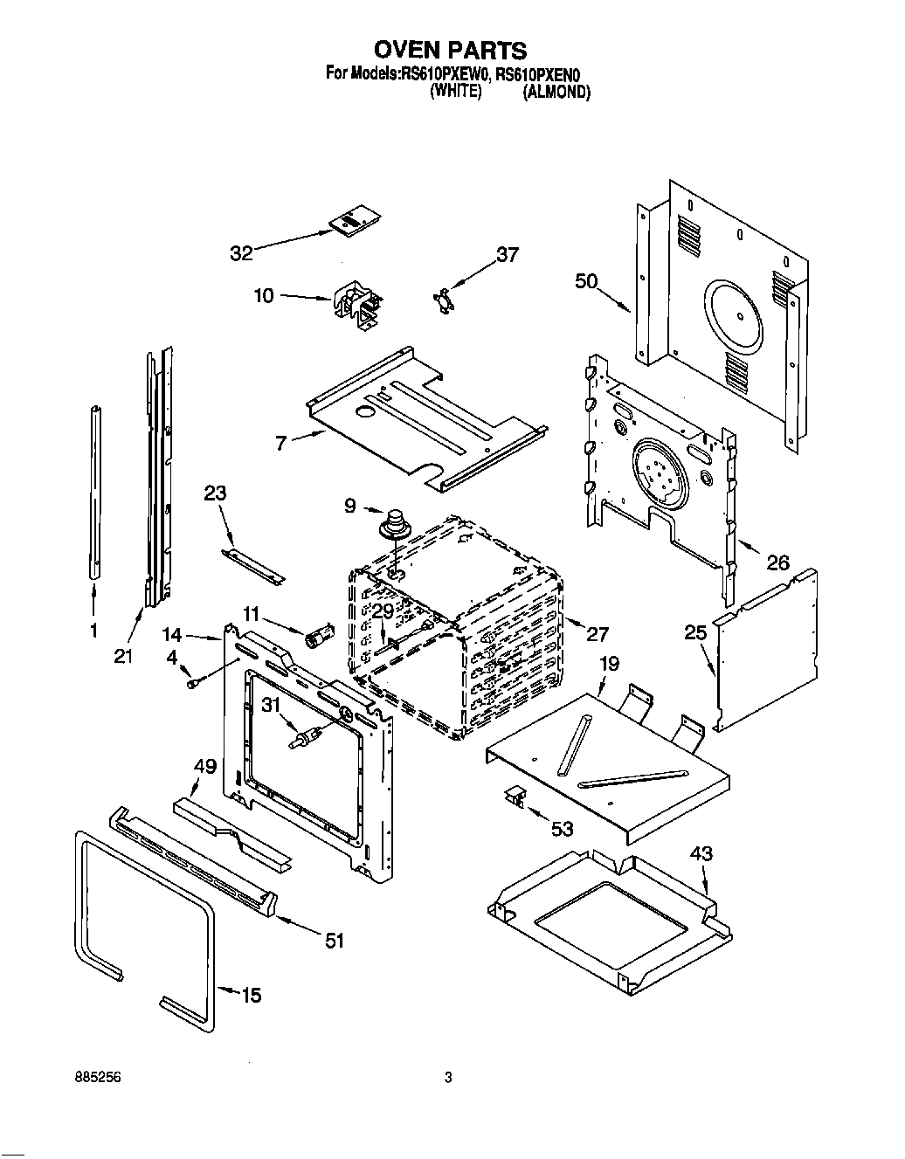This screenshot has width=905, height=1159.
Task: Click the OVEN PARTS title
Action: (452, 50)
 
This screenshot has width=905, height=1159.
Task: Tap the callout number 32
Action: (241, 253)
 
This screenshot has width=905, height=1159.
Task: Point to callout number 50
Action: (586, 280)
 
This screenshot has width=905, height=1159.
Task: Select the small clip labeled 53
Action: (515, 797)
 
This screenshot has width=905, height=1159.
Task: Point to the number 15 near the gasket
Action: (251, 995)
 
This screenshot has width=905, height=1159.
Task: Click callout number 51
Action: (334, 941)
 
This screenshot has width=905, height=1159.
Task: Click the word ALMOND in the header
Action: (556, 93)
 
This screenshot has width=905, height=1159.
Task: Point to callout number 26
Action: (777, 563)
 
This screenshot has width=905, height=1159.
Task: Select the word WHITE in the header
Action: (456, 93)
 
